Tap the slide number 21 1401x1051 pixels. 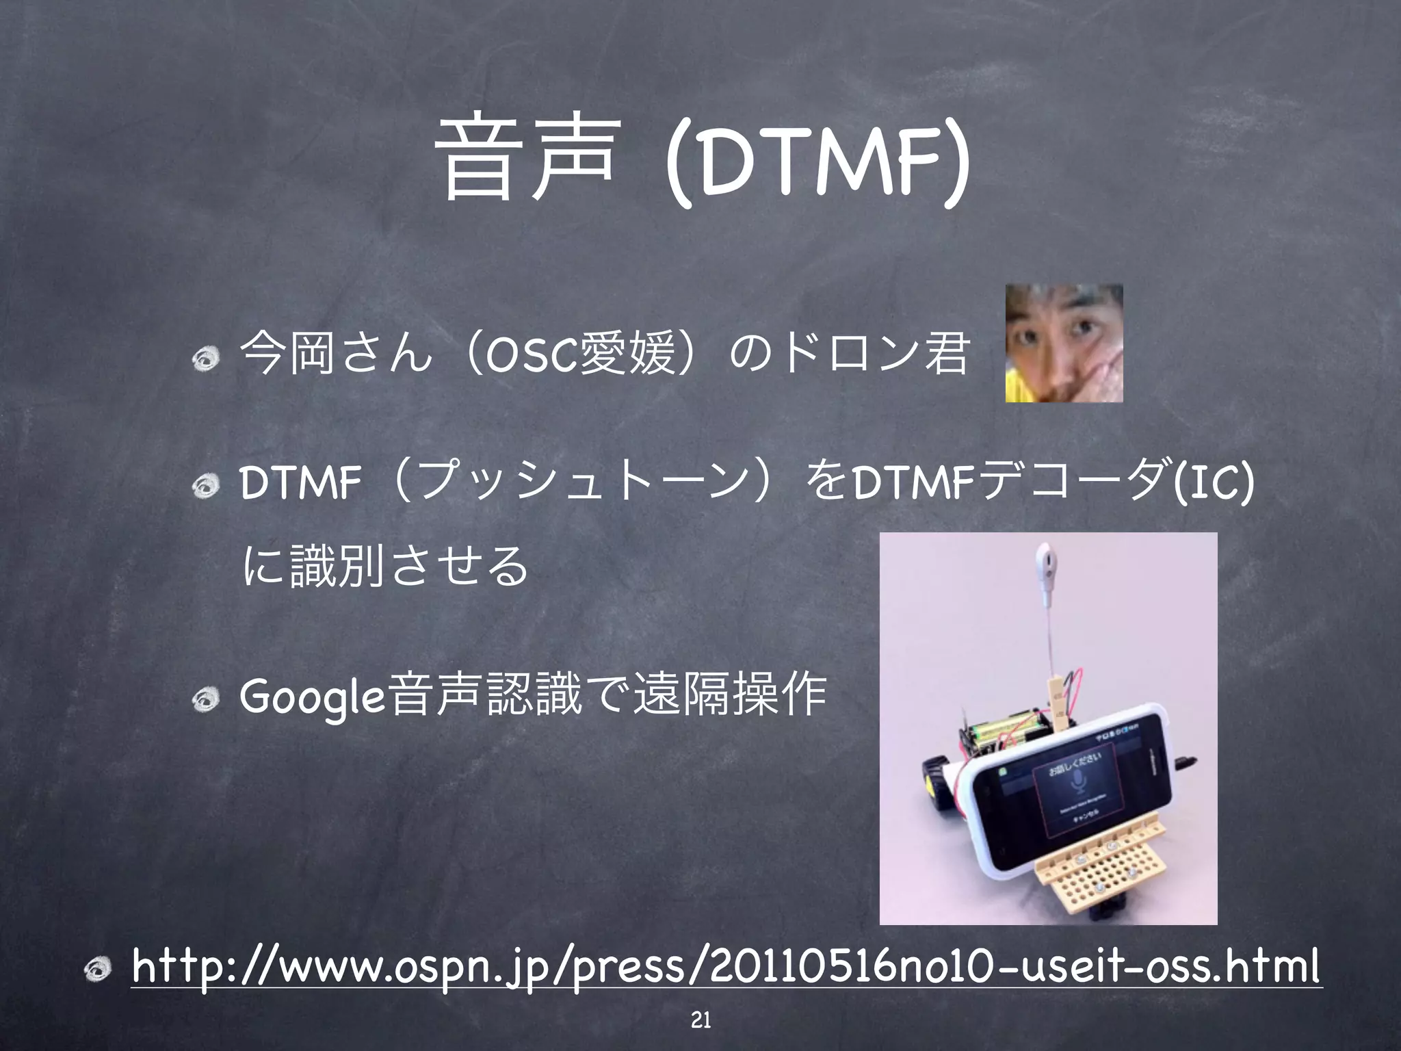click(x=700, y=1020)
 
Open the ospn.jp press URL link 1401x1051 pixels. click(x=725, y=968)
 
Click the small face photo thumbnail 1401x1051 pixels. click(x=1064, y=343)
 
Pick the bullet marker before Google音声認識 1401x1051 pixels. click(x=205, y=699)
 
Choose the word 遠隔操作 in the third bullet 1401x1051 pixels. click(x=731, y=695)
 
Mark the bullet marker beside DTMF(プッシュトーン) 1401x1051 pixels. click(x=205, y=486)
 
